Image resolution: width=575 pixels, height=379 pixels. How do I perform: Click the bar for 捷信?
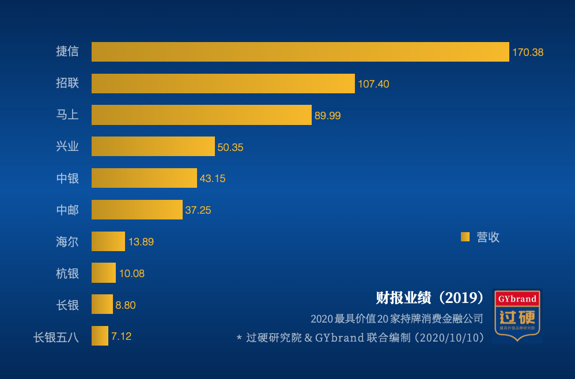(x=300, y=52)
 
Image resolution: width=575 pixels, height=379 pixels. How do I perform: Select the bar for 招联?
(x=223, y=84)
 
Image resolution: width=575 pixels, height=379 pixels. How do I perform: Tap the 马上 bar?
(x=201, y=115)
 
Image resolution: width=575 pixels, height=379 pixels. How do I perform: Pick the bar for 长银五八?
(x=100, y=336)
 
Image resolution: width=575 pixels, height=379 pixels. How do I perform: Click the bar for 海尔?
(x=108, y=241)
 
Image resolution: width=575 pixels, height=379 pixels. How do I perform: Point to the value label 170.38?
(x=528, y=52)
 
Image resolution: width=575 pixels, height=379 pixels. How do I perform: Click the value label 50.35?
(x=230, y=147)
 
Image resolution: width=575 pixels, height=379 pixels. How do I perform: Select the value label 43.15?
(x=213, y=179)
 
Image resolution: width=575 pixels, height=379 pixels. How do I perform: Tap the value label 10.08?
(x=132, y=274)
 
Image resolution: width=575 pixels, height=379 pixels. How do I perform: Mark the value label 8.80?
(x=126, y=305)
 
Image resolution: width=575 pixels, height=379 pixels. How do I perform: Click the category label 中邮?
(x=67, y=210)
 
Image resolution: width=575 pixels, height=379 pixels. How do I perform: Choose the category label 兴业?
(x=67, y=147)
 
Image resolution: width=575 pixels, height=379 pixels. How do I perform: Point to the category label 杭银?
(x=67, y=273)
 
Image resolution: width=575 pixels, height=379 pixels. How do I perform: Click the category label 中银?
(x=67, y=179)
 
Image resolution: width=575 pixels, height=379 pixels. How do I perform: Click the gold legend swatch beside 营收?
(x=465, y=237)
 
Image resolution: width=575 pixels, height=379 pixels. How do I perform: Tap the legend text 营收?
(x=487, y=237)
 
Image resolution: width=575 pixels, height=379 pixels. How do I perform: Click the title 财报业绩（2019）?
(x=430, y=298)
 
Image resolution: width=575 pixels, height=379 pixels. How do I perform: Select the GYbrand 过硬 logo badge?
(x=517, y=314)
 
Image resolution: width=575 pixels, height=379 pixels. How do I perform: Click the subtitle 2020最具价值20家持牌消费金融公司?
(x=396, y=319)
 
